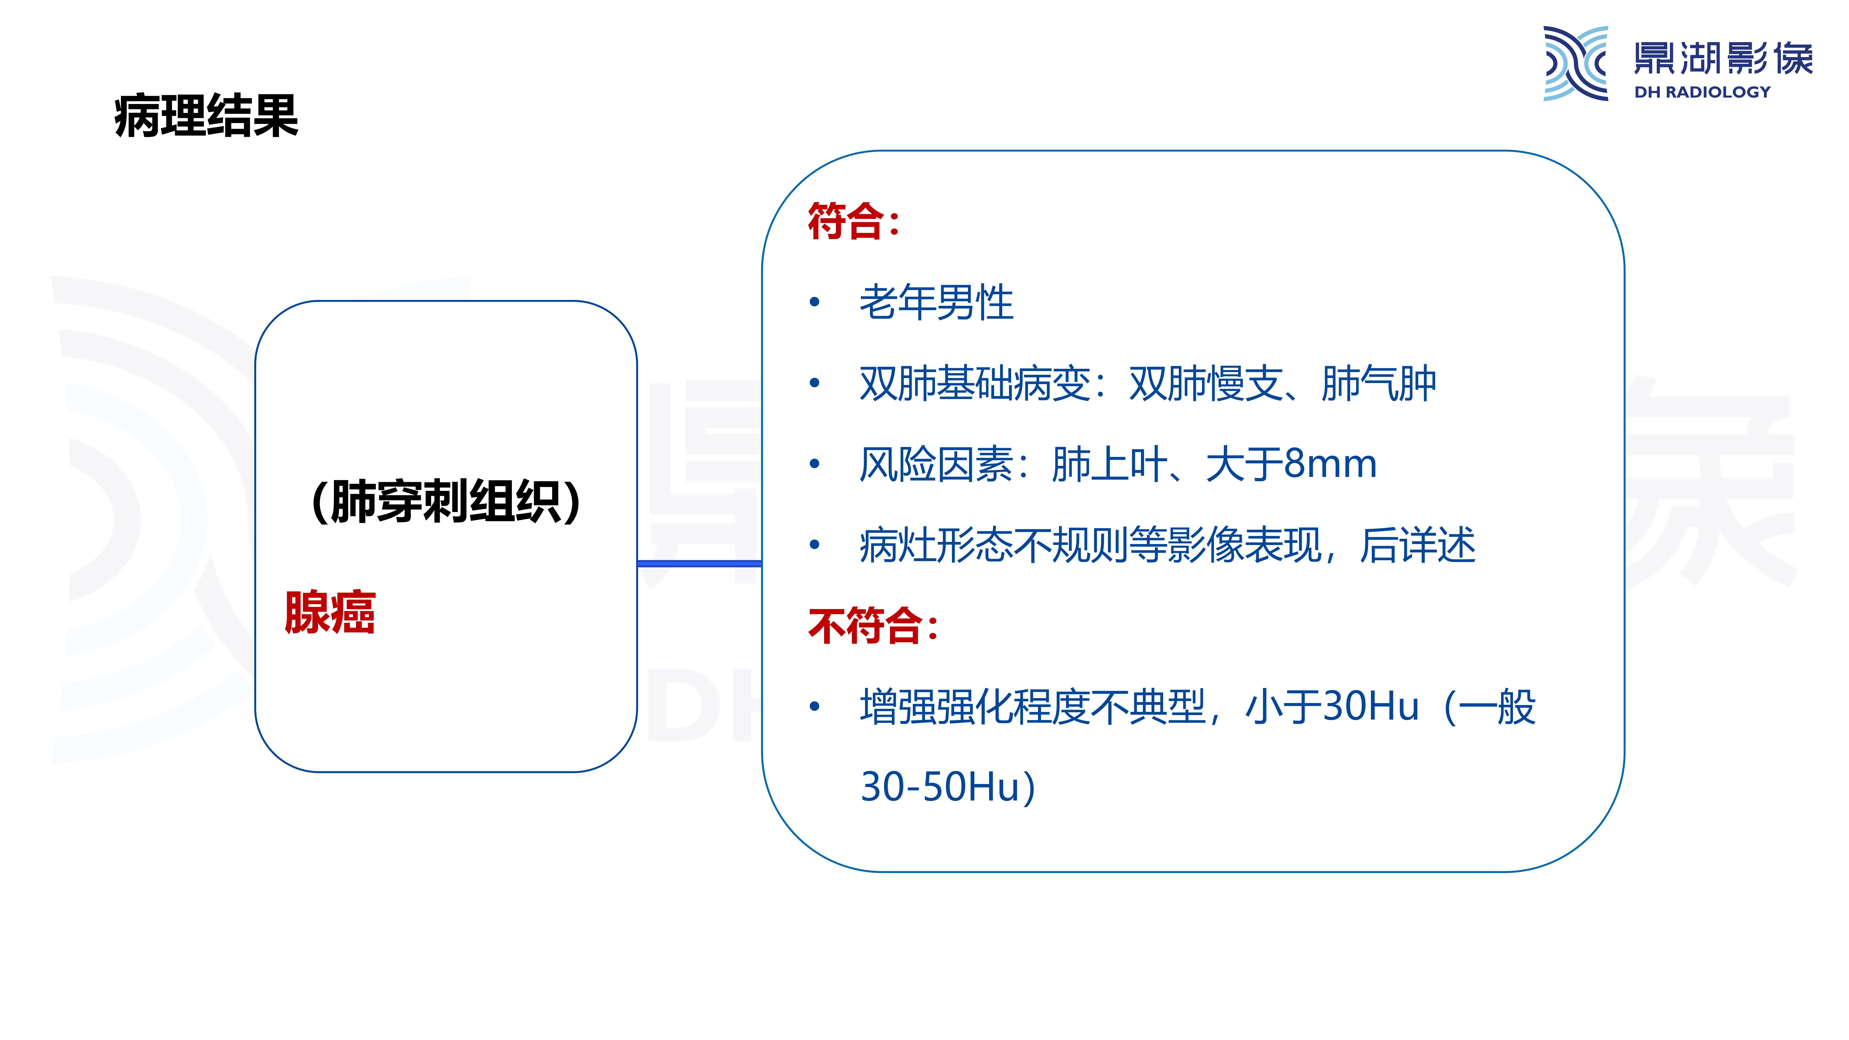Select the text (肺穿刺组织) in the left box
pyautogui.click(x=446, y=501)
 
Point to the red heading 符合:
pyautogui.click(x=853, y=221)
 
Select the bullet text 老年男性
pyautogui.click(x=936, y=302)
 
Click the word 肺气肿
pyautogui.click(x=1378, y=383)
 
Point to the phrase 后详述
pyautogui.click(x=1418, y=545)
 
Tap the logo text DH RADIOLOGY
pyautogui.click(x=1702, y=92)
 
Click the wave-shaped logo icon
pyautogui.click(x=1576, y=63)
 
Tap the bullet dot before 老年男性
pyautogui.click(x=814, y=302)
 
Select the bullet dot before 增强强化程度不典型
pyautogui.click(x=814, y=706)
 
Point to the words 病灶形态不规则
pyautogui.click(x=994, y=545)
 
